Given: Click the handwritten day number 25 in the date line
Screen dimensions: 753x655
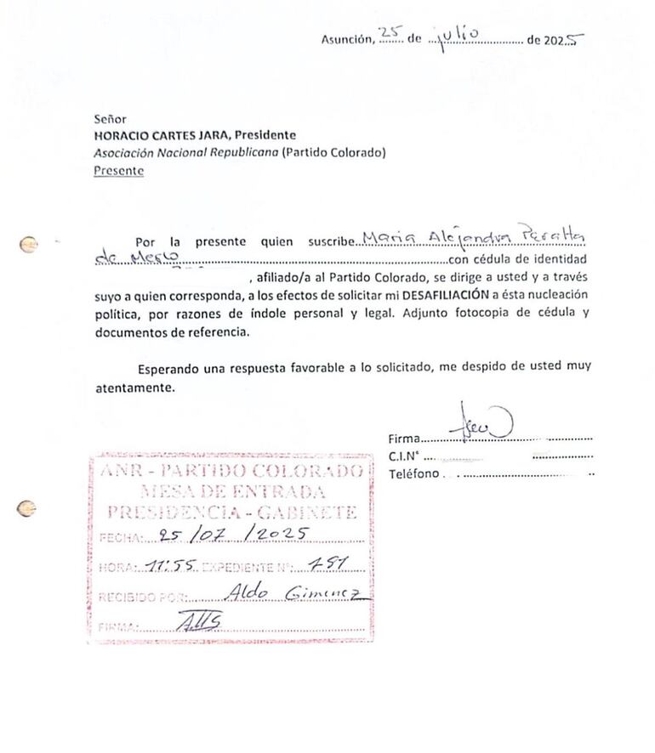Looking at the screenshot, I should [x=389, y=34].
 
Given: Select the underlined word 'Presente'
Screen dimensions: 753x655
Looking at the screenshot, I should [x=118, y=171].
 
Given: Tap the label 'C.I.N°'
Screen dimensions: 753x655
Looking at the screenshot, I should [x=406, y=456].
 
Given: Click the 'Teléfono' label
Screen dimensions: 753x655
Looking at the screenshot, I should [x=413, y=473].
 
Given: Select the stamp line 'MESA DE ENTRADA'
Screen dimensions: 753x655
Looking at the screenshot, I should [x=231, y=492].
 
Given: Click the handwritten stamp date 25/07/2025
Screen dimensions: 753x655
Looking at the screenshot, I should [x=233, y=535].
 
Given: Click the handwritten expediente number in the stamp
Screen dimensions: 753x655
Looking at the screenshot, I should [x=325, y=563].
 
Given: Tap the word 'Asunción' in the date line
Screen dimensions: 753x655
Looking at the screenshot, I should [x=346, y=38].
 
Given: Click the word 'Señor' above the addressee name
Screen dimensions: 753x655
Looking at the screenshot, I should [x=111, y=120].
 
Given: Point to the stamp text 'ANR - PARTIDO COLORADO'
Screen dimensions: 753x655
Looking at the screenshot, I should [x=231, y=472].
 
